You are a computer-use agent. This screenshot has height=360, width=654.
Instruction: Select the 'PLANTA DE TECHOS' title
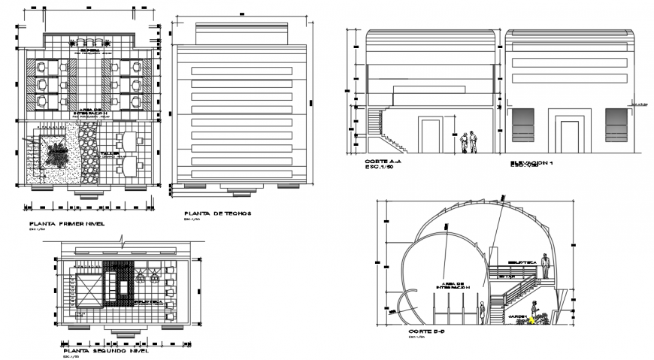(218, 213)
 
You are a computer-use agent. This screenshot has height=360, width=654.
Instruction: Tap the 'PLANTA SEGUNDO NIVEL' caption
(106, 350)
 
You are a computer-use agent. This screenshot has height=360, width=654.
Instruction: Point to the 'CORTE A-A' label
(383, 162)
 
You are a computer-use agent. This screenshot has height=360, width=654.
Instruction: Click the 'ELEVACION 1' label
(531, 162)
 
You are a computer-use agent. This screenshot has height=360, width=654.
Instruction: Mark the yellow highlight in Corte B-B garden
(531, 320)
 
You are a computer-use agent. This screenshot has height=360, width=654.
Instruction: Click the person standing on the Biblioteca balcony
(546, 263)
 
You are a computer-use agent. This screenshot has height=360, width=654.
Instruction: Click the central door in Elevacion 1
(569, 132)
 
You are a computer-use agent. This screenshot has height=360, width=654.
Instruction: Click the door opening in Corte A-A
(430, 137)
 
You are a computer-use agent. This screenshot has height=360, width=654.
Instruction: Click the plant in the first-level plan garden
(56, 153)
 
